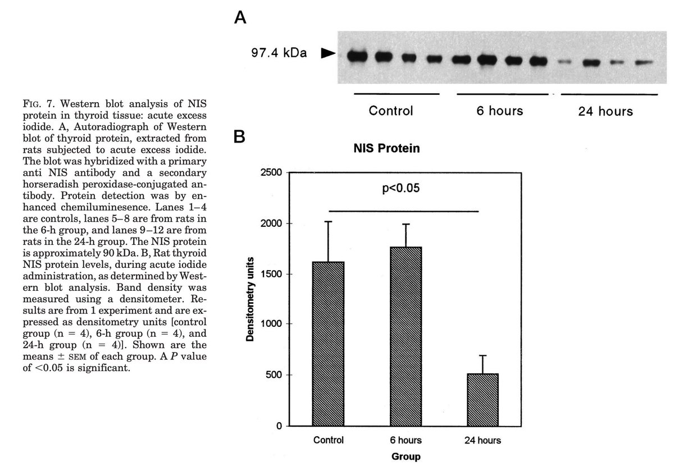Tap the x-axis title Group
[406, 457]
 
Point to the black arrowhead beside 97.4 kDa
[327, 54]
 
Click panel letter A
[240, 19]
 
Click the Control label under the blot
[390, 111]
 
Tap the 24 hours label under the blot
[605, 111]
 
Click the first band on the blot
[356, 56]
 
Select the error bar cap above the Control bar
[337, 222]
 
